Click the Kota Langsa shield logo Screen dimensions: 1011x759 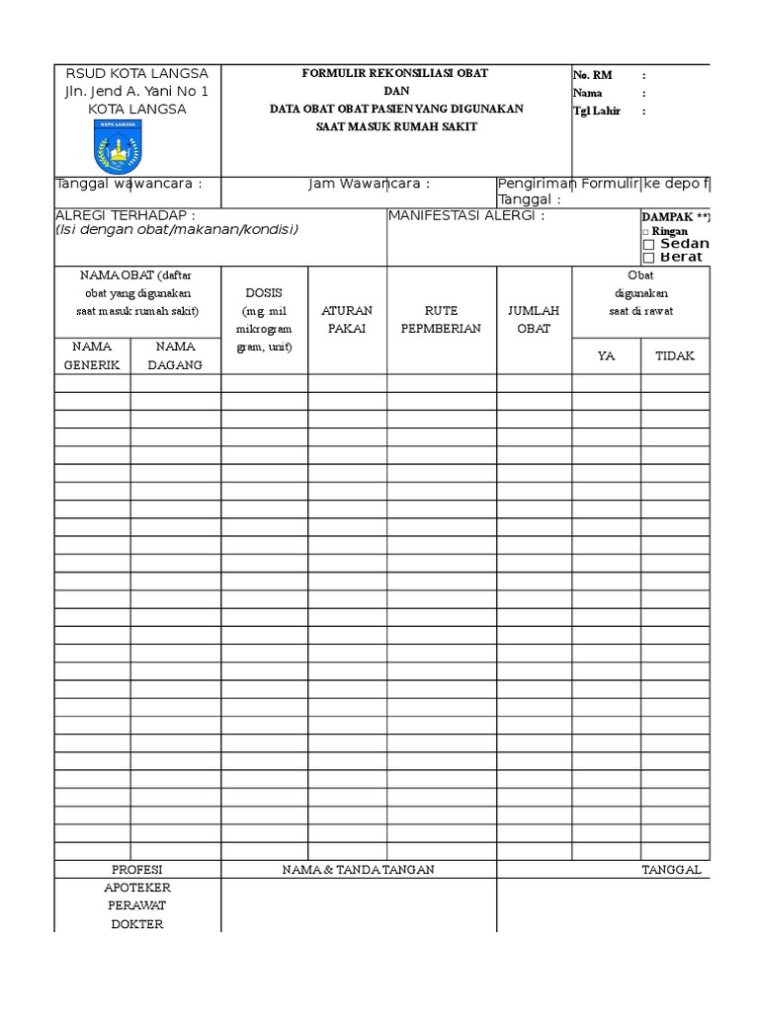[x=118, y=147]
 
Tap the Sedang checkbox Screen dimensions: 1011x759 [x=648, y=245]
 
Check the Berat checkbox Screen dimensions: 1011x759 [x=648, y=258]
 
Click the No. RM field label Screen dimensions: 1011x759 [x=593, y=75]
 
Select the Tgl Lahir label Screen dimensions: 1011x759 [x=597, y=111]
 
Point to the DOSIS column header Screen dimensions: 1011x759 [x=264, y=293]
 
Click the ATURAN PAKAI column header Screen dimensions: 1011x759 [x=347, y=319]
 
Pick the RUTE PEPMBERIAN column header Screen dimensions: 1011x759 [x=441, y=319]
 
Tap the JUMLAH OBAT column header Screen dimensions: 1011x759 [x=534, y=319]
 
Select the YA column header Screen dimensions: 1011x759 [x=607, y=355]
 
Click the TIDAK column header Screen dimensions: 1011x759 [x=675, y=355]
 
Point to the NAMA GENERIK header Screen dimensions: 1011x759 [x=92, y=355]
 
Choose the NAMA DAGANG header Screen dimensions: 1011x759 [x=175, y=355]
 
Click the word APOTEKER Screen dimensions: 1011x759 [x=137, y=888]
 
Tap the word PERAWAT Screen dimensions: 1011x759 [x=137, y=905]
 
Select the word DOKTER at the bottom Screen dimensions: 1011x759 [x=137, y=924]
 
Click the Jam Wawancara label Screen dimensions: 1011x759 [x=369, y=184]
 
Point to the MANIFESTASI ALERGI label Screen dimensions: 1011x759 [x=465, y=216]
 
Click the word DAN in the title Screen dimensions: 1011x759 [x=395, y=91]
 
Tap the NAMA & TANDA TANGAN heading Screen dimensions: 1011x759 [x=358, y=870]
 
